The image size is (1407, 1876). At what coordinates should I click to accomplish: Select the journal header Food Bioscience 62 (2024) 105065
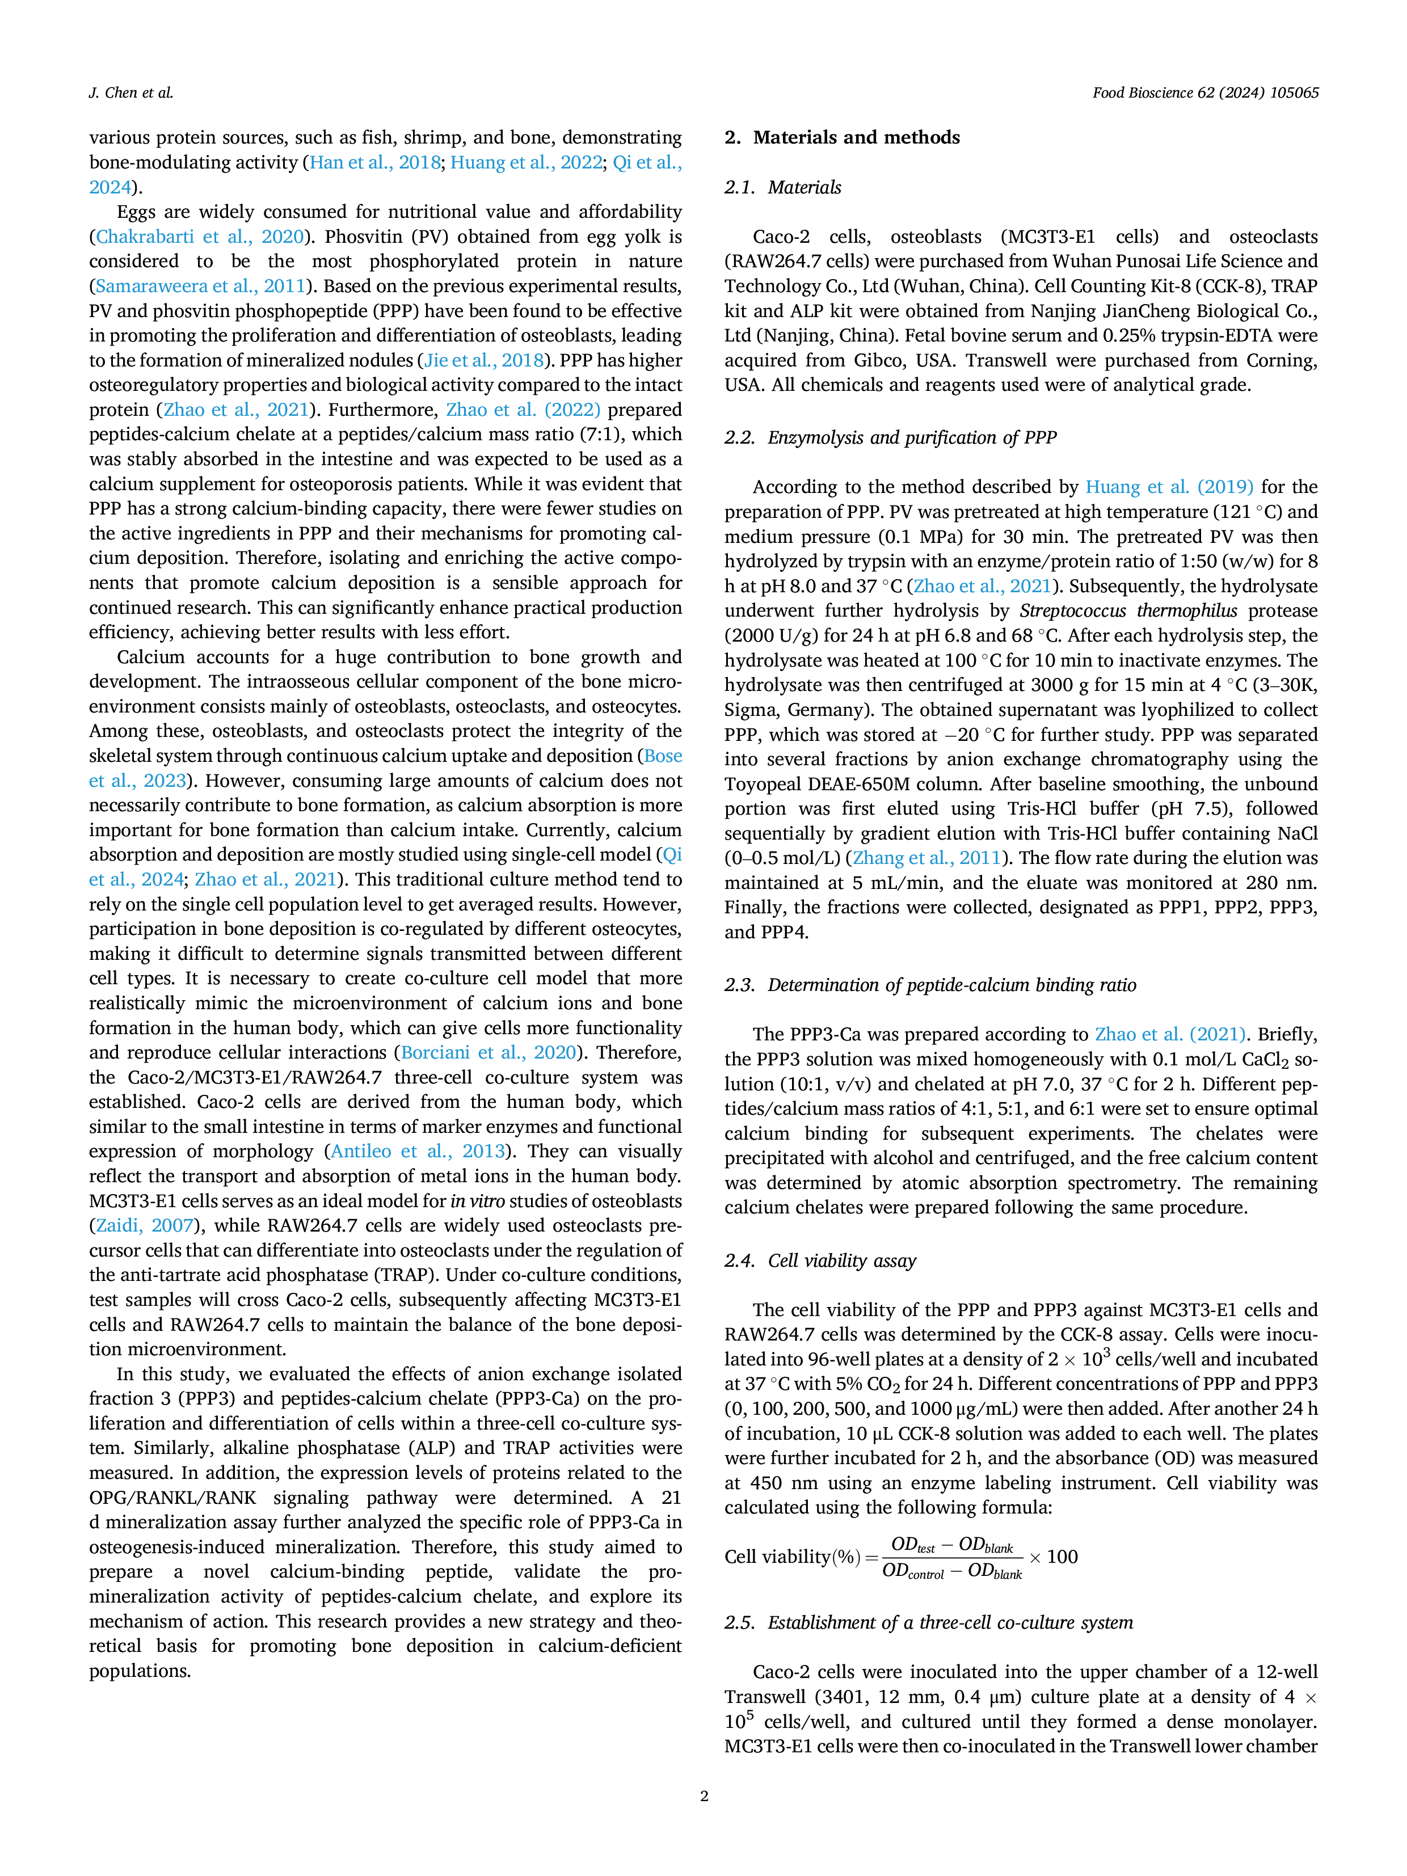pos(1205,92)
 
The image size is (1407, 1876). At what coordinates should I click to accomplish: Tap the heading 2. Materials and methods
pos(842,137)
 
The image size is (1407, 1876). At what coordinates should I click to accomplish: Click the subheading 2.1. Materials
pos(783,187)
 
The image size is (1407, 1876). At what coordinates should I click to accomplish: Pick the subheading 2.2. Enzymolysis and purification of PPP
pos(891,437)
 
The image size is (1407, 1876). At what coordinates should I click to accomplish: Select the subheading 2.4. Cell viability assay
pos(820,1261)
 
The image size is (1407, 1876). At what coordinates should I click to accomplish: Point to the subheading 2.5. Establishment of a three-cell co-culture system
pos(929,1622)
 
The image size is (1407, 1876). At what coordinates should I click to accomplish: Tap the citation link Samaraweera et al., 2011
pos(200,286)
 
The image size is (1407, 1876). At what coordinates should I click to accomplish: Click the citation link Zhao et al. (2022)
pos(523,410)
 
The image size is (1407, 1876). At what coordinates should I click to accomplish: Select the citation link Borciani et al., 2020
pos(488,1052)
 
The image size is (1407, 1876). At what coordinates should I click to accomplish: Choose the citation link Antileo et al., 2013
pos(417,1152)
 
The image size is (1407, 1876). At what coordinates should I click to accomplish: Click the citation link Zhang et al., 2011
pos(927,858)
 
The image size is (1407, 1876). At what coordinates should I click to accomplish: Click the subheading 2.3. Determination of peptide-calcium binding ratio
pos(930,985)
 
